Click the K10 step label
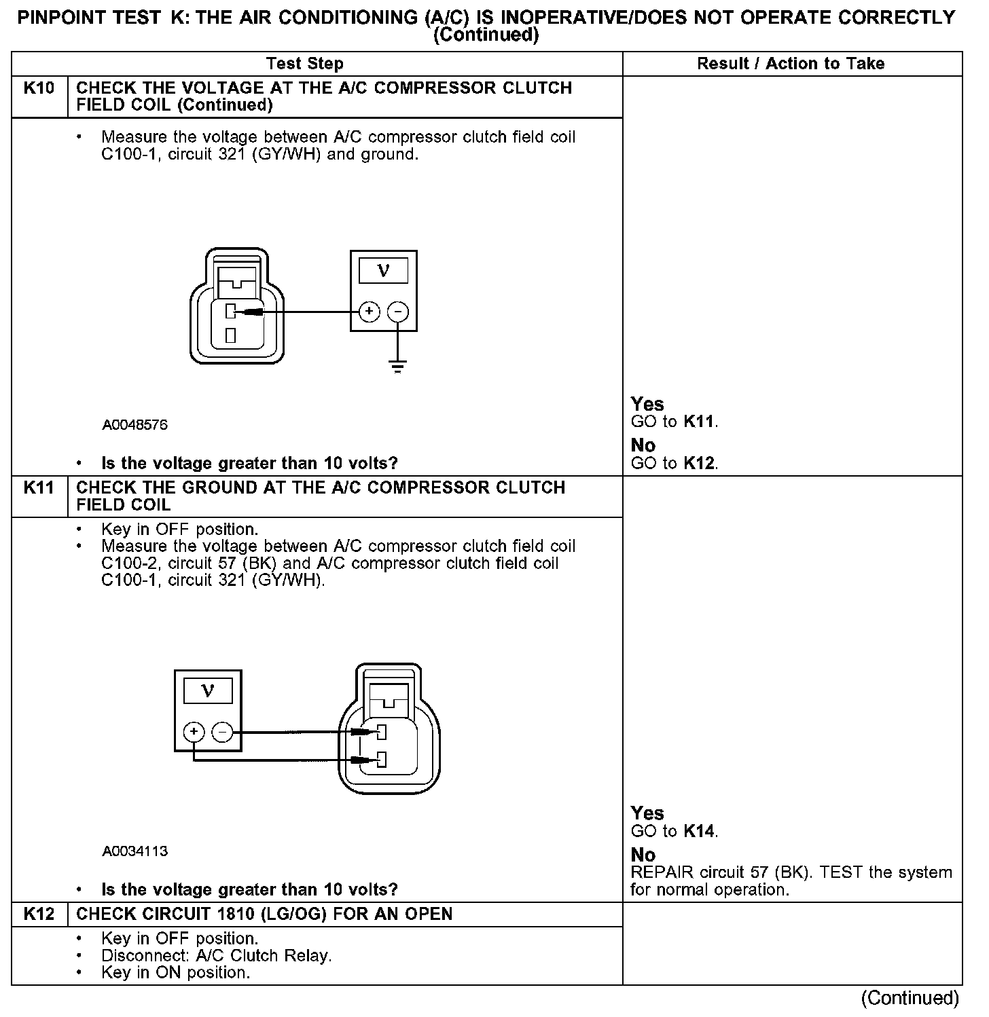click(x=39, y=88)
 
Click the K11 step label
click(x=39, y=488)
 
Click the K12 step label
click(x=39, y=914)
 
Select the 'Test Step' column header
click(x=305, y=64)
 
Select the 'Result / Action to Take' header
click(x=791, y=64)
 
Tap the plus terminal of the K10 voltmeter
click(x=369, y=312)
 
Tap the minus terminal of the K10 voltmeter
click(x=398, y=312)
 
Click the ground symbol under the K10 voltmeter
click(x=397, y=368)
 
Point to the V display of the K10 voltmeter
click(x=383, y=271)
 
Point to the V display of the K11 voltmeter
click(x=208, y=691)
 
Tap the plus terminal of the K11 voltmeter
click(x=194, y=732)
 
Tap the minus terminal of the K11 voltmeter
click(x=223, y=732)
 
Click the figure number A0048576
click(x=135, y=425)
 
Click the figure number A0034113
click(x=135, y=851)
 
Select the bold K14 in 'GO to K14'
click(x=699, y=831)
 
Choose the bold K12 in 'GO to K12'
click(x=699, y=463)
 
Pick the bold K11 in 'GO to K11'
click(x=699, y=422)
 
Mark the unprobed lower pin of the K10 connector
click(x=231, y=335)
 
